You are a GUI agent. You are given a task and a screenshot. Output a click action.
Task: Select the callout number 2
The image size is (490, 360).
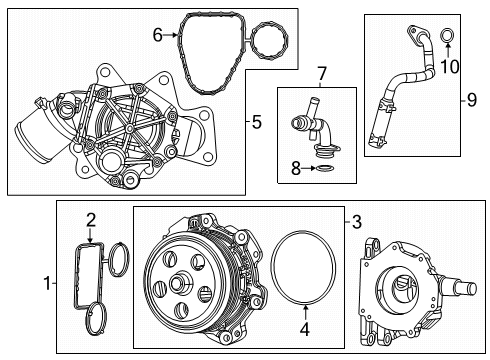point(90,219)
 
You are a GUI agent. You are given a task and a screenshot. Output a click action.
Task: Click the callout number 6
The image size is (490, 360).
point(157,36)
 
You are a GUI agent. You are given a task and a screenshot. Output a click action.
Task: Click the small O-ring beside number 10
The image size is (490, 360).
point(449,39)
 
